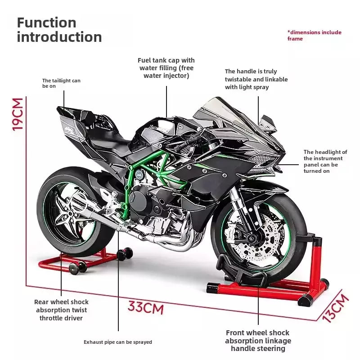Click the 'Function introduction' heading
point(59,30)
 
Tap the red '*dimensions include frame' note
point(314,36)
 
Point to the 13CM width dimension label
point(336,308)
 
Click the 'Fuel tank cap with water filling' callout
point(166,68)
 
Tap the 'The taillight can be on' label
point(61,83)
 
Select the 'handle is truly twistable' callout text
point(256,79)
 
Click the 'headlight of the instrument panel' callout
point(325,162)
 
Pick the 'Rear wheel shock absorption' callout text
point(61,310)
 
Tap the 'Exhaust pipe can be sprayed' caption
point(118,342)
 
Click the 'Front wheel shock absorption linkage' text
point(258,341)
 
